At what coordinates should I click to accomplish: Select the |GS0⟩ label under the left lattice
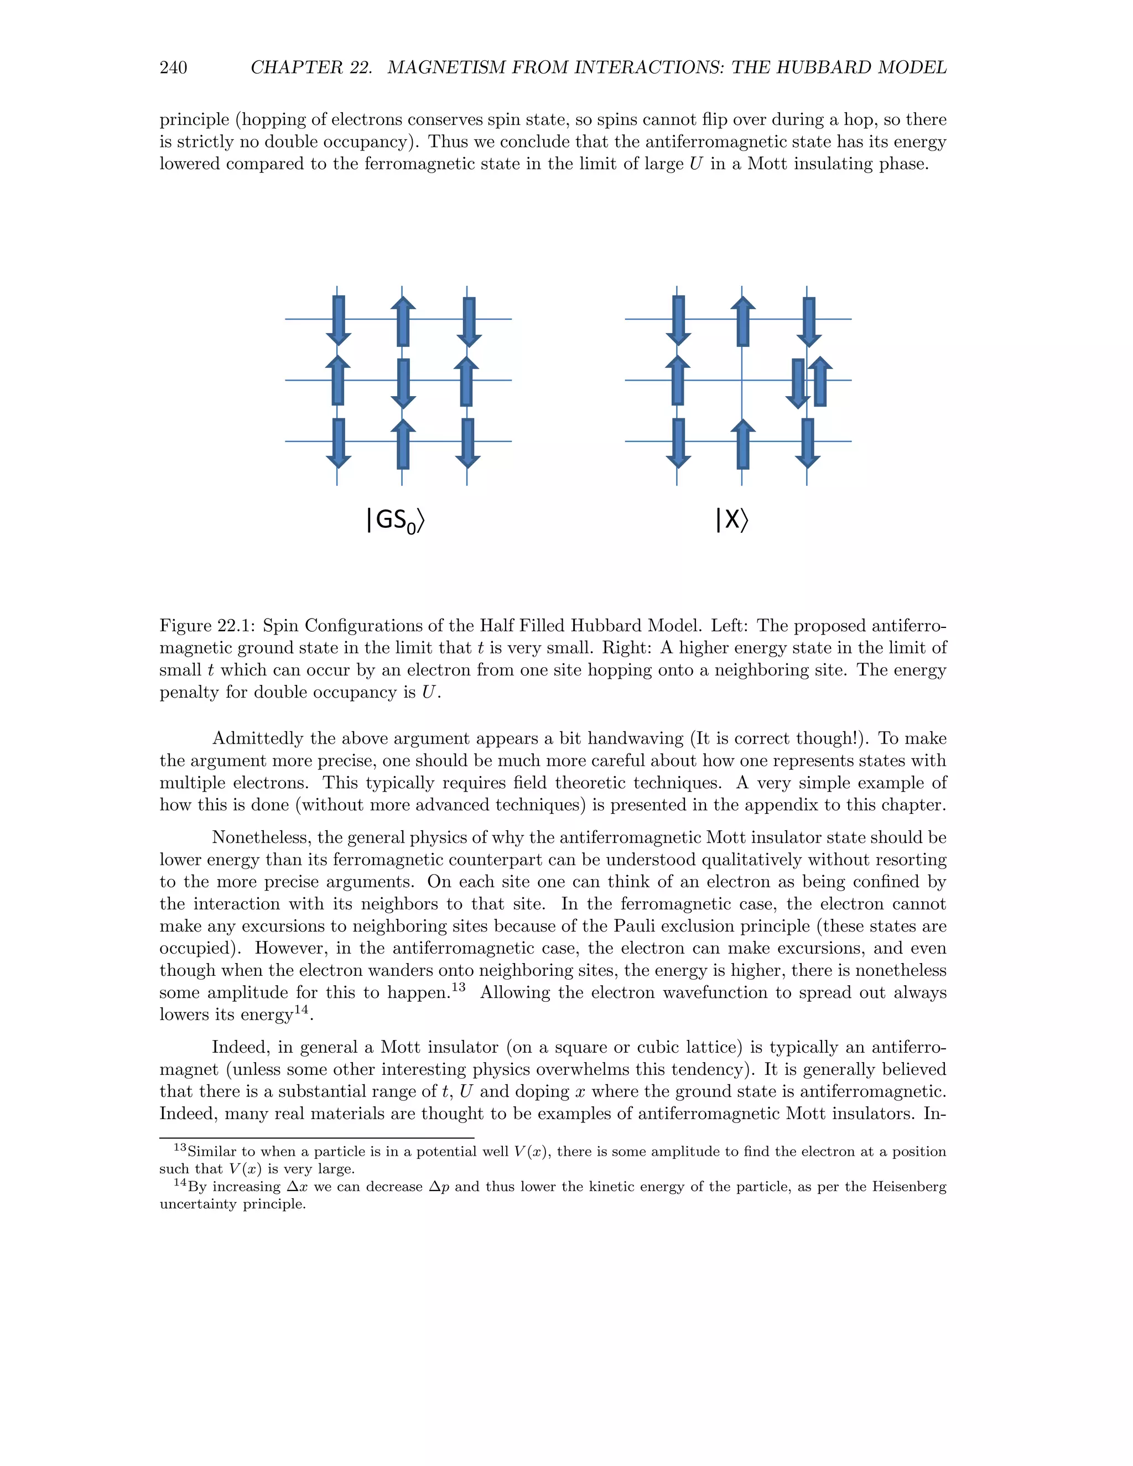(x=396, y=520)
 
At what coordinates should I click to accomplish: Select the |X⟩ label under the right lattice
(x=731, y=519)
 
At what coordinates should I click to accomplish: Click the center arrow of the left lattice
(x=403, y=383)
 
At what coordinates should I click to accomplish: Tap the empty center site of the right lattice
(x=742, y=381)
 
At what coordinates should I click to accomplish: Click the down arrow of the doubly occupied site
(x=797, y=383)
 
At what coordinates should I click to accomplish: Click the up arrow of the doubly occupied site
(x=819, y=381)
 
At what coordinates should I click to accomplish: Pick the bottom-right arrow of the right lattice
(x=808, y=443)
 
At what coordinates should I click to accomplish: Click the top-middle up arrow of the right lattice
(x=742, y=321)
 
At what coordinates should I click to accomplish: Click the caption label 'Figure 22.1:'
(x=207, y=626)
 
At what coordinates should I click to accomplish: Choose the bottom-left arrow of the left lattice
(x=338, y=443)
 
